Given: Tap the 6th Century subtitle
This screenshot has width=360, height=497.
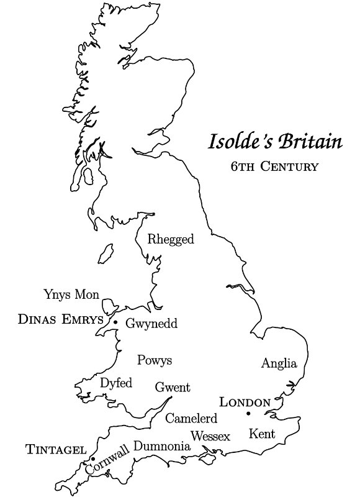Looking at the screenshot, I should [x=274, y=166].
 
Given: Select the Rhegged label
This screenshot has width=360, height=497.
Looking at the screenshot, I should [x=171, y=239].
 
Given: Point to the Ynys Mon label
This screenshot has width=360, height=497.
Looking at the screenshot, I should [x=71, y=293].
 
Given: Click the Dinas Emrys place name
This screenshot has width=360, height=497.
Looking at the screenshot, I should [x=60, y=320].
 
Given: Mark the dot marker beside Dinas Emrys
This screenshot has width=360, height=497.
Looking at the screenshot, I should [x=115, y=322].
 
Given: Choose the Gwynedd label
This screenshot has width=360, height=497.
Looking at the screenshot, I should [x=151, y=324].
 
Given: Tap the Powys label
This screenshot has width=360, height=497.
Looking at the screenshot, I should [x=155, y=360].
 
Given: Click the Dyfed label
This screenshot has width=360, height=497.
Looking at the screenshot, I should [x=116, y=383].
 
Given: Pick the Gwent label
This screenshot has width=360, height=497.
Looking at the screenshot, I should [x=173, y=386].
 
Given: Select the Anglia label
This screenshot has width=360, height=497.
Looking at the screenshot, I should [x=279, y=363].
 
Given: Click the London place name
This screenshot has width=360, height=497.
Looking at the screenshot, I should [x=245, y=402].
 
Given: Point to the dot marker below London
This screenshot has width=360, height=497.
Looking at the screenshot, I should [x=248, y=413].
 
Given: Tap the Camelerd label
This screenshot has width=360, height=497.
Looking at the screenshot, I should [x=191, y=417].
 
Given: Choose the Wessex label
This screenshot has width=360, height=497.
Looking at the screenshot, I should [x=210, y=436].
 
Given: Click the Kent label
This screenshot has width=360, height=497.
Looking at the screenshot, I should [x=262, y=434].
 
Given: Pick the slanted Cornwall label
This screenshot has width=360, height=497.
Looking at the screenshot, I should [x=107, y=459].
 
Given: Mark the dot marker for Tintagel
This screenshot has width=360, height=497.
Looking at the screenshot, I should [x=92, y=459].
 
